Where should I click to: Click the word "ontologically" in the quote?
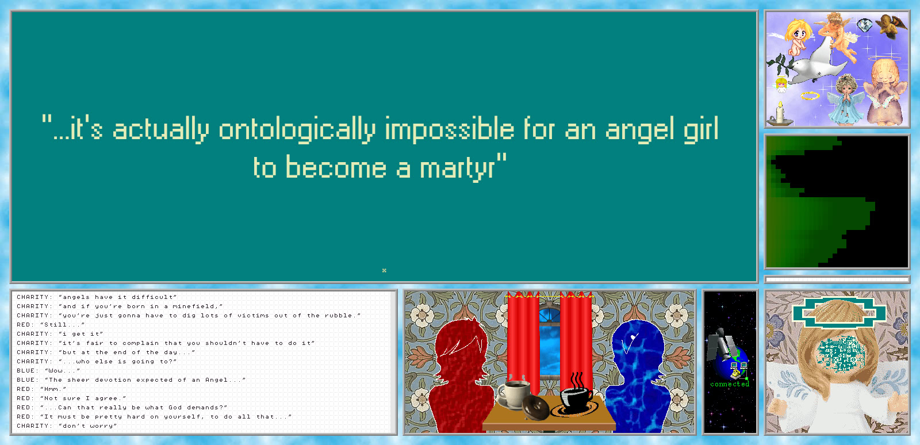297,129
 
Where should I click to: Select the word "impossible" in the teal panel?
449,129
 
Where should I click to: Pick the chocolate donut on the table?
535,407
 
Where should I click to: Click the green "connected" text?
730,384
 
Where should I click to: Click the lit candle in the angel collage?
780,113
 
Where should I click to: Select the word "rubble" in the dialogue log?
339,315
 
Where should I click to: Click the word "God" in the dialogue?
175,407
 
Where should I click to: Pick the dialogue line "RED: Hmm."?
41,389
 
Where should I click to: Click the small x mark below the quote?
384,270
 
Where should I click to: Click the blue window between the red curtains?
550,341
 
